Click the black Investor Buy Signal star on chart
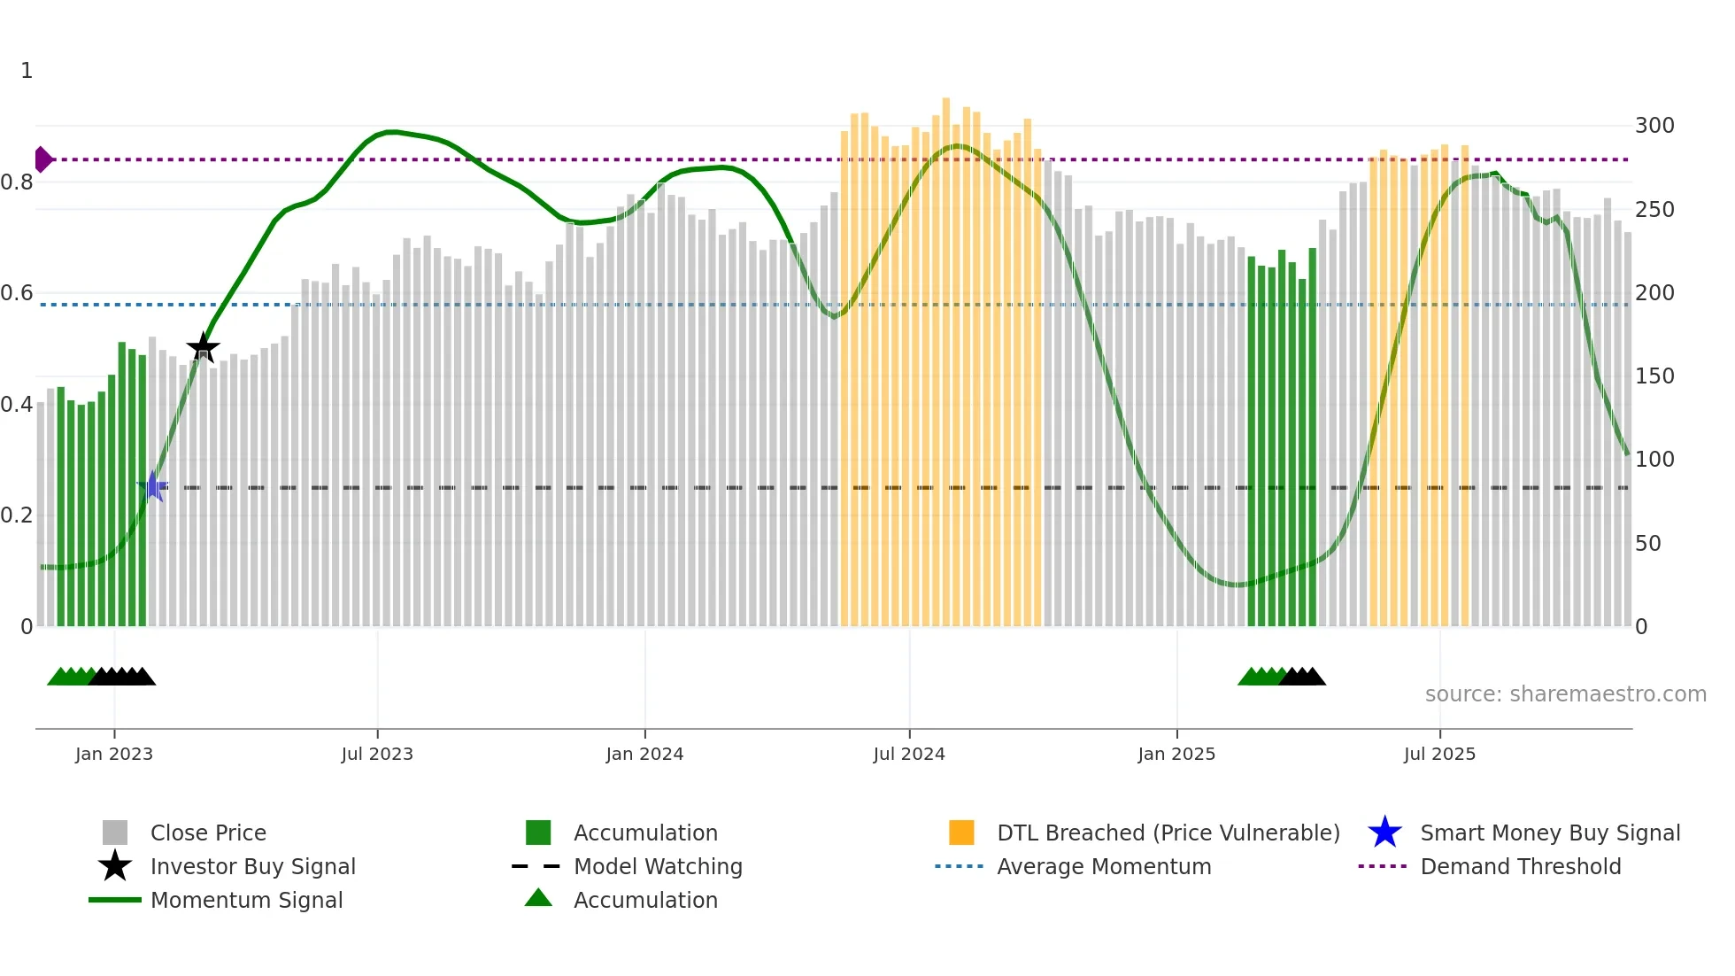[203, 347]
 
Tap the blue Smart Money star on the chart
[152, 486]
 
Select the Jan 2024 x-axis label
[644, 754]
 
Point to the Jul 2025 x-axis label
[1439, 754]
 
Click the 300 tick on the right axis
[1654, 126]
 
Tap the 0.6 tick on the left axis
[18, 293]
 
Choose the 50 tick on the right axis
[1647, 543]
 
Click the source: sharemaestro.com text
[1565, 693]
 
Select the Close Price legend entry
[207, 833]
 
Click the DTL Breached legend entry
[1168, 833]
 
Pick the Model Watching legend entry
[657, 866]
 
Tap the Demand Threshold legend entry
[1520, 866]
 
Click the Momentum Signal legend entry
[245, 900]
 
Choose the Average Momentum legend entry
[1103, 866]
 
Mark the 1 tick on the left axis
[27, 71]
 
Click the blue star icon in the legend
[1384, 833]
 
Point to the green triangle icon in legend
[538, 898]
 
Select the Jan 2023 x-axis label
[114, 754]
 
